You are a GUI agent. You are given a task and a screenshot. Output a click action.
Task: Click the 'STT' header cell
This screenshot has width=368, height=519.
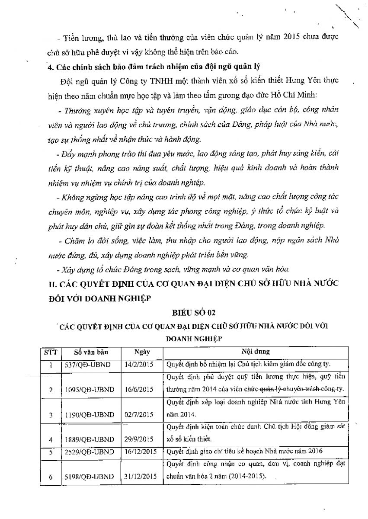click(x=51, y=352)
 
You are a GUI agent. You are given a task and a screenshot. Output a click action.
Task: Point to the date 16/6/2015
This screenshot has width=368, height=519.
click(x=141, y=389)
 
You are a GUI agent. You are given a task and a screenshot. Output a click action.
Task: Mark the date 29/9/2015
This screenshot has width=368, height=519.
click(x=141, y=440)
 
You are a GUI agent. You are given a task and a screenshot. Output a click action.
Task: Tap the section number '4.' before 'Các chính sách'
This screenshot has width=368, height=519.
click(x=50, y=66)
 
